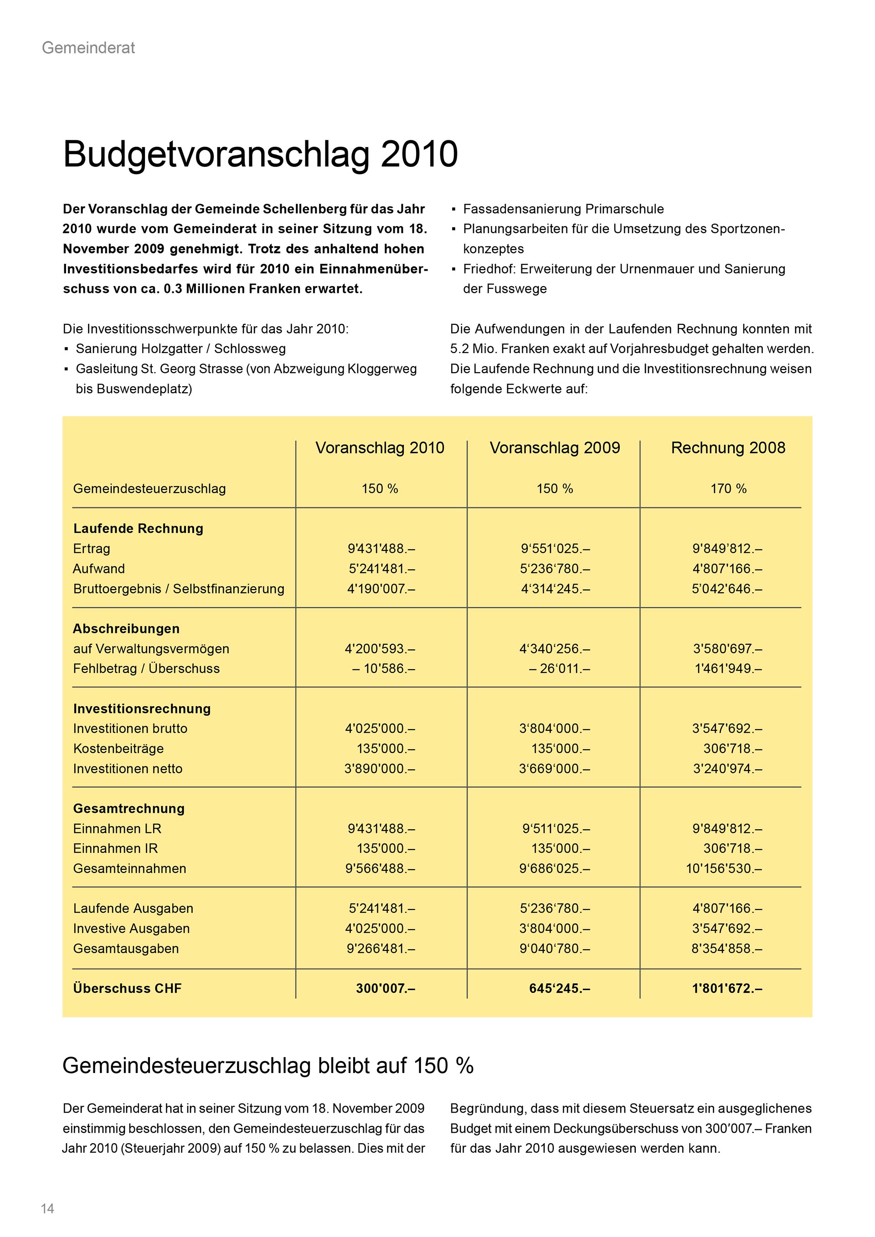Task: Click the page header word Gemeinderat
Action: coord(88,48)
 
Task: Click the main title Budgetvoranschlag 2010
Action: coord(260,154)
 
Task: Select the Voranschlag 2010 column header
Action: coord(380,448)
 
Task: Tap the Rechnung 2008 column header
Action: coord(728,448)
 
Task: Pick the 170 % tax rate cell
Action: coord(728,489)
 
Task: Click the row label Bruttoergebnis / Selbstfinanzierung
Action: coord(178,589)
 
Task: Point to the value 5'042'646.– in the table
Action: coord(727,589)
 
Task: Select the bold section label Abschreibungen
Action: coord(126,629)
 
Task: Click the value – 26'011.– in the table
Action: coord(559,668)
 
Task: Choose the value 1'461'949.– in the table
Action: coord(727,668)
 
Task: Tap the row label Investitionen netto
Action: coord(128,769)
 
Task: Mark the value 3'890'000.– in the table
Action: coord(380,769)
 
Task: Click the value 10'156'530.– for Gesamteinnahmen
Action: coord(724,868)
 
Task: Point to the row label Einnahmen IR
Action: coord(115,848)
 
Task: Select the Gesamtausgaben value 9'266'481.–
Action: coord(381,948)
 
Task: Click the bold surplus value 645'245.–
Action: coord(559,989)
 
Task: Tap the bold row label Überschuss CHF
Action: coord(127,989)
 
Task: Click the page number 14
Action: coord(47,1209)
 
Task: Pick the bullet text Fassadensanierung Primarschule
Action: coord(563,209)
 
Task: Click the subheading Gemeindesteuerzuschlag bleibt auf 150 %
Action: coord(268,1066)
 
